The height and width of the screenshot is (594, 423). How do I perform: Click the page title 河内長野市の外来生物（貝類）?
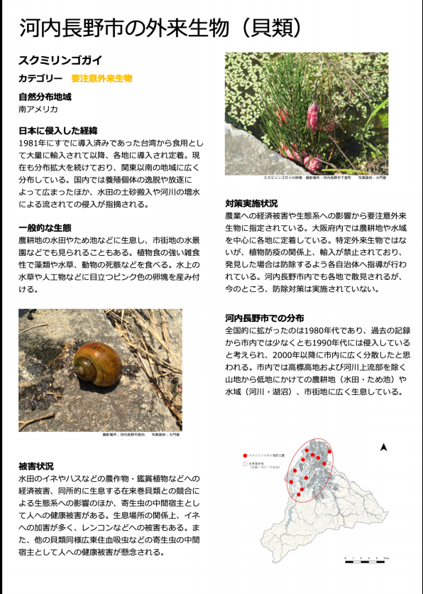tap(160, 28)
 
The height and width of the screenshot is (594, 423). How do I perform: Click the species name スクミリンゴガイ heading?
tap(60, 60)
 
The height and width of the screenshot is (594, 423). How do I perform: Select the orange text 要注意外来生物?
tap(101, 78)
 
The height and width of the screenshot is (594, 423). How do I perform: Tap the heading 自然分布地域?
tap(45, 97)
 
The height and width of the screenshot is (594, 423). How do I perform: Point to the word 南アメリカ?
tap(38, 109)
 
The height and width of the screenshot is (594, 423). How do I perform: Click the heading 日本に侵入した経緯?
tap(57, 131)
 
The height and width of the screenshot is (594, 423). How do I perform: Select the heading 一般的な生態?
tap(45, 227)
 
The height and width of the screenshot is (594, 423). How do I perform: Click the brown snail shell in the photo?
tap(97, 363)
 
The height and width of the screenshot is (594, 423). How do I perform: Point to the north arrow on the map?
tap(383, 448)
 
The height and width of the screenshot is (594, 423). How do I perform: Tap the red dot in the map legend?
tap(245, 454)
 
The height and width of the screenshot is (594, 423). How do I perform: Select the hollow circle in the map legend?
tap(245, 463)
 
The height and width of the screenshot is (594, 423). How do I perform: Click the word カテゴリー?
tap(40, 78)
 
